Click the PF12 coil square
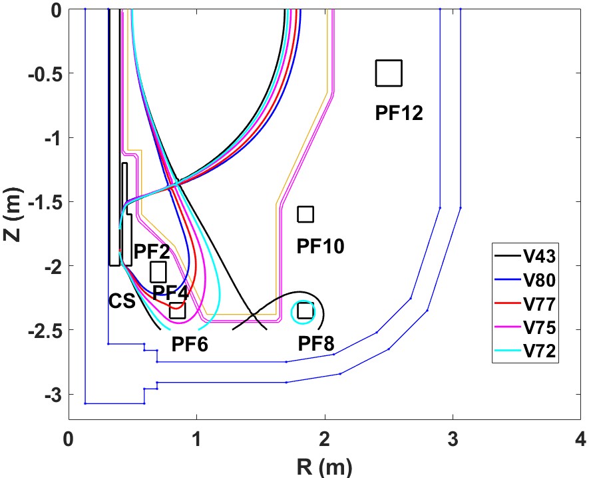(x=389, y=73)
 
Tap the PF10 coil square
(x=305, y=214)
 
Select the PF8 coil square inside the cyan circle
(x=305, y=311)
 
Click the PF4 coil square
(x=158, y=272)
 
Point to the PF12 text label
(x=399, y=113)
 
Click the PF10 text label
(x=320, y=247)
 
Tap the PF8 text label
(x=316, y=343)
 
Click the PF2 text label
(x=152, y=252)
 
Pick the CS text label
(x=122, y=301)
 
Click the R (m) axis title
(x=325, y=465)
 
